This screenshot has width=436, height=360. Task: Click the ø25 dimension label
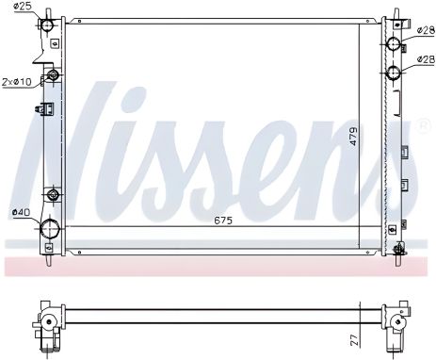coord(23,6)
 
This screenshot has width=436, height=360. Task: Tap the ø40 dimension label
coord(21,212)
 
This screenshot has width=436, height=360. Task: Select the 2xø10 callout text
coord(17,82)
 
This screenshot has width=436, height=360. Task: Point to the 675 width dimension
coord(223,221)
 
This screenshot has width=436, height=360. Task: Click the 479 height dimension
coord(353,136)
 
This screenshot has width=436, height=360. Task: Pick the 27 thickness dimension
coord(354,340)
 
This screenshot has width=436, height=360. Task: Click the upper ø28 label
coord(426,30)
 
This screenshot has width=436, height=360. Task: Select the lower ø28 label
coord(426,58)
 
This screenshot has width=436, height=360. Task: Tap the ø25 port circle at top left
coord(48,25)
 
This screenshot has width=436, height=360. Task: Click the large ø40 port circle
coord(50,228)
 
